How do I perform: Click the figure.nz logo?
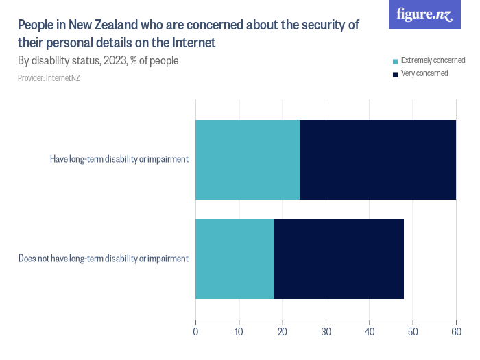pyautogui.click(x=424, y=15)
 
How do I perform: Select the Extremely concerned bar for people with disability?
pyautogui.click(x=248, y=160)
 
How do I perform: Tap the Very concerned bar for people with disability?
pyautogui.click(x=378, y=160)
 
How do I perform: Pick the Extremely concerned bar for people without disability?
pyautogui.click(x=235, y=259)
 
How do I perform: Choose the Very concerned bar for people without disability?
pyautogui.click(x=339, y=259)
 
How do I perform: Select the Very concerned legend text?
pyautogui.click(x=424, y=73)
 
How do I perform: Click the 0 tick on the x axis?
pyautogui.click(x=196, y=333)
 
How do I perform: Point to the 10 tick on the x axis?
pyautogui.click(x=239, y=333)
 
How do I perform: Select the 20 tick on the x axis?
pyautogui.click(x=283, y=333)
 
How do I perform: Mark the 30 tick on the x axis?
pyautogui.click(x=326, y=333)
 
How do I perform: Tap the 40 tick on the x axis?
pyautogui.click(x=370, y=333)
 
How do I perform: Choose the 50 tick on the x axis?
pyautogui.click(x=413, y=333)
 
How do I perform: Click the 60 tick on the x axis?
pyautogui.click(x=456, y=333)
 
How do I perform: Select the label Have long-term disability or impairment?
pyautogui.click(x=119, y=160)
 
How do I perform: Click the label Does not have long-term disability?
pyautogui.click(x=104, y=259)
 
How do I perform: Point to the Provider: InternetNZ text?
pyautogui.click(x=49, y=78)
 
